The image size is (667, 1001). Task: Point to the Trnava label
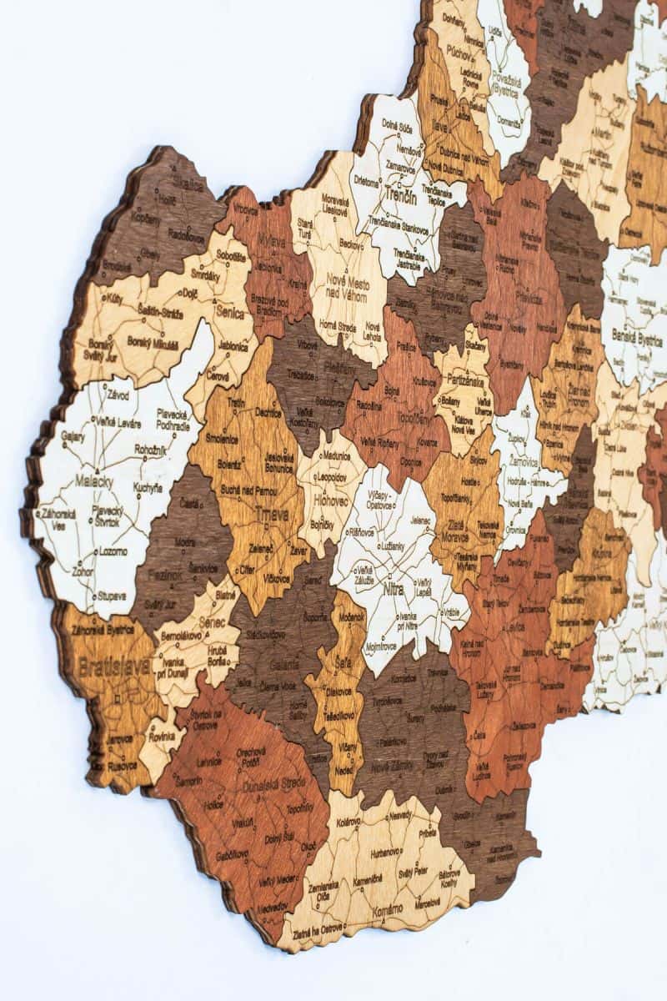266,515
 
